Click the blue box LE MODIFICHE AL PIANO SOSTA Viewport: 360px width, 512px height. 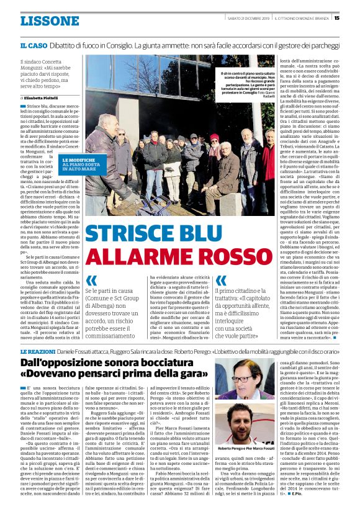pyautogui.click(x=78, y=164)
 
